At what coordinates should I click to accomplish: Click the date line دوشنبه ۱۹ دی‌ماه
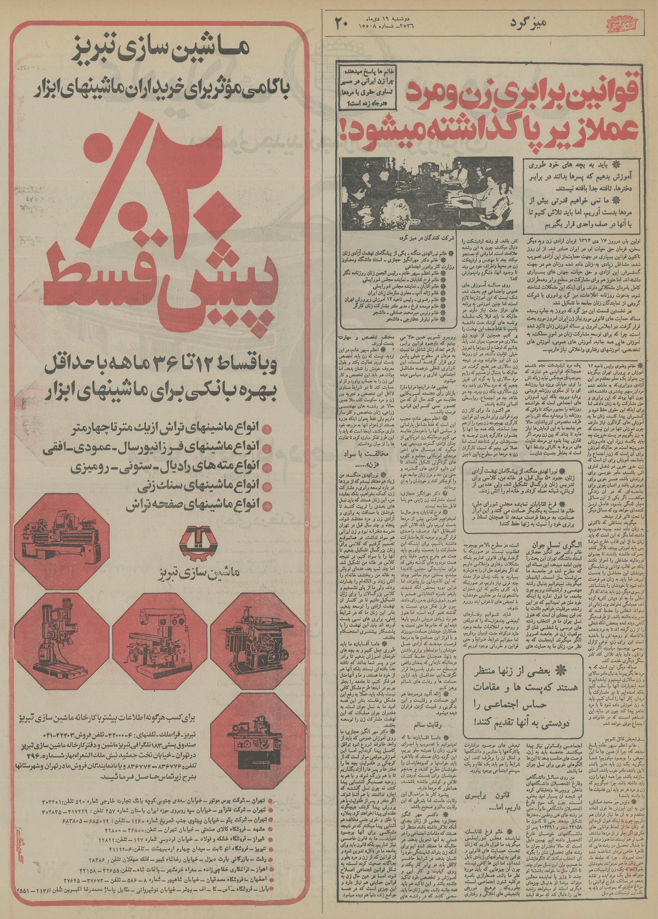395,18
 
